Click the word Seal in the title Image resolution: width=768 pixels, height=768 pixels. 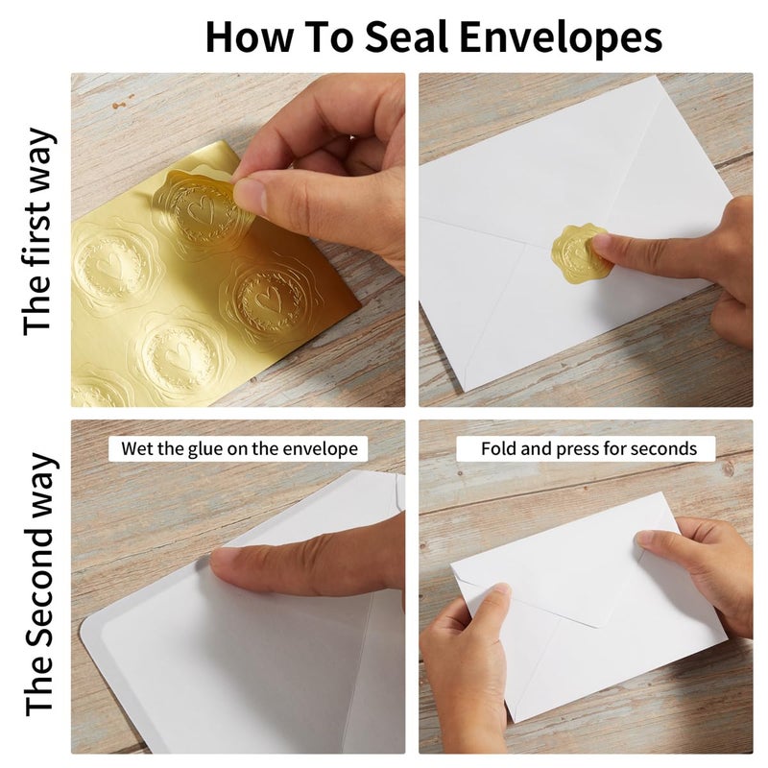click(406, 36)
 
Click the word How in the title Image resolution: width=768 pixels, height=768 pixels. click(249, 36)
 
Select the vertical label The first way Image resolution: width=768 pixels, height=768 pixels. click(37, 231)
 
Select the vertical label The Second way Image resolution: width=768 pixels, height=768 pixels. click(39, 586)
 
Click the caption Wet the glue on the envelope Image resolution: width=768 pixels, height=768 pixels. click(239, 448)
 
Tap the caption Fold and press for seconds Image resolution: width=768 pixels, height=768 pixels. click(588, 448)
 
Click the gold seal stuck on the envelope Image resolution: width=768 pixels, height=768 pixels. click(582, 253)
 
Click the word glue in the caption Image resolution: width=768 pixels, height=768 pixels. click(204, 449)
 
